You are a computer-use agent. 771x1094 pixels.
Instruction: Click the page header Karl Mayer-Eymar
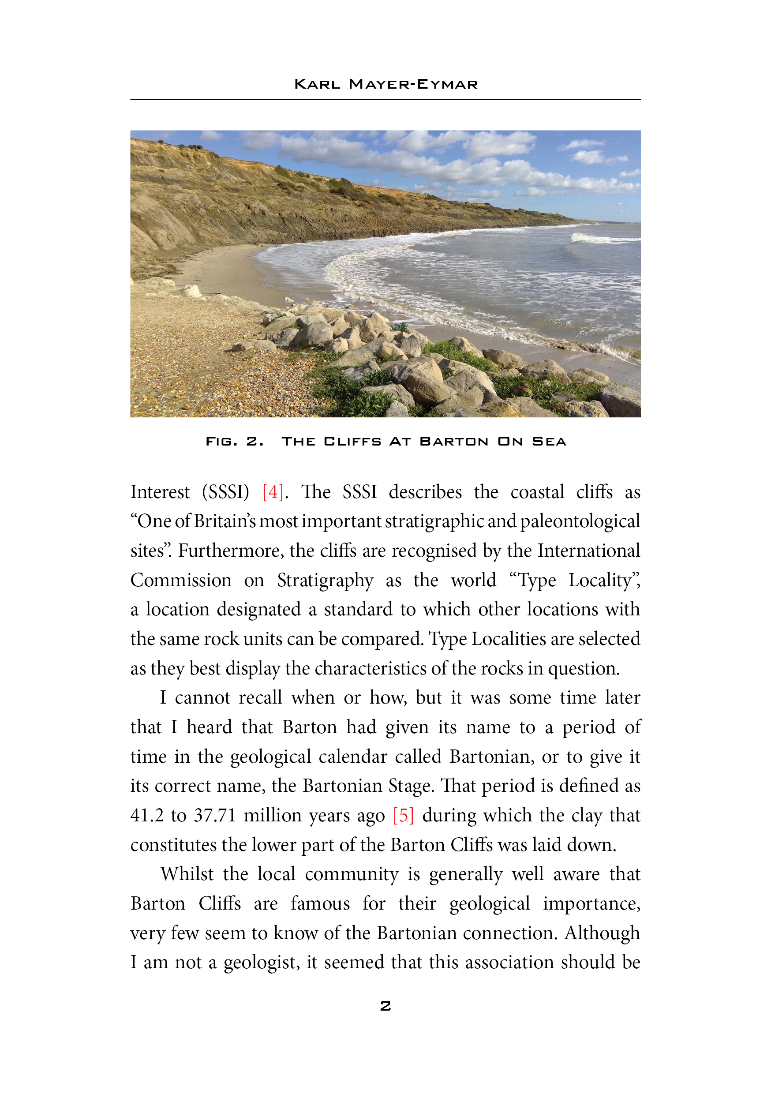[385, 84]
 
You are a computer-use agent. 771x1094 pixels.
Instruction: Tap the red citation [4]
[273, 492]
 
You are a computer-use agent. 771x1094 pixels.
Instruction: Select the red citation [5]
[403, 815]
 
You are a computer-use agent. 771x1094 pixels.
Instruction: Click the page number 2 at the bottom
[385, 1006]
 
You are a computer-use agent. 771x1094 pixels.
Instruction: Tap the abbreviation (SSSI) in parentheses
[225, 492]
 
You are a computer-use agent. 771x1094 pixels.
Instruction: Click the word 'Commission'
[181, 581]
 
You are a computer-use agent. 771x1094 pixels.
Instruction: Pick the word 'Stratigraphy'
[325, 581]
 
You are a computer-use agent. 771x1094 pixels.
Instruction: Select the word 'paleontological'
[580, 521]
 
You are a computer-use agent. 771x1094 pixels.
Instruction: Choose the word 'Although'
[603, 933]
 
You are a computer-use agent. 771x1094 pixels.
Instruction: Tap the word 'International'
[588, 551]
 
